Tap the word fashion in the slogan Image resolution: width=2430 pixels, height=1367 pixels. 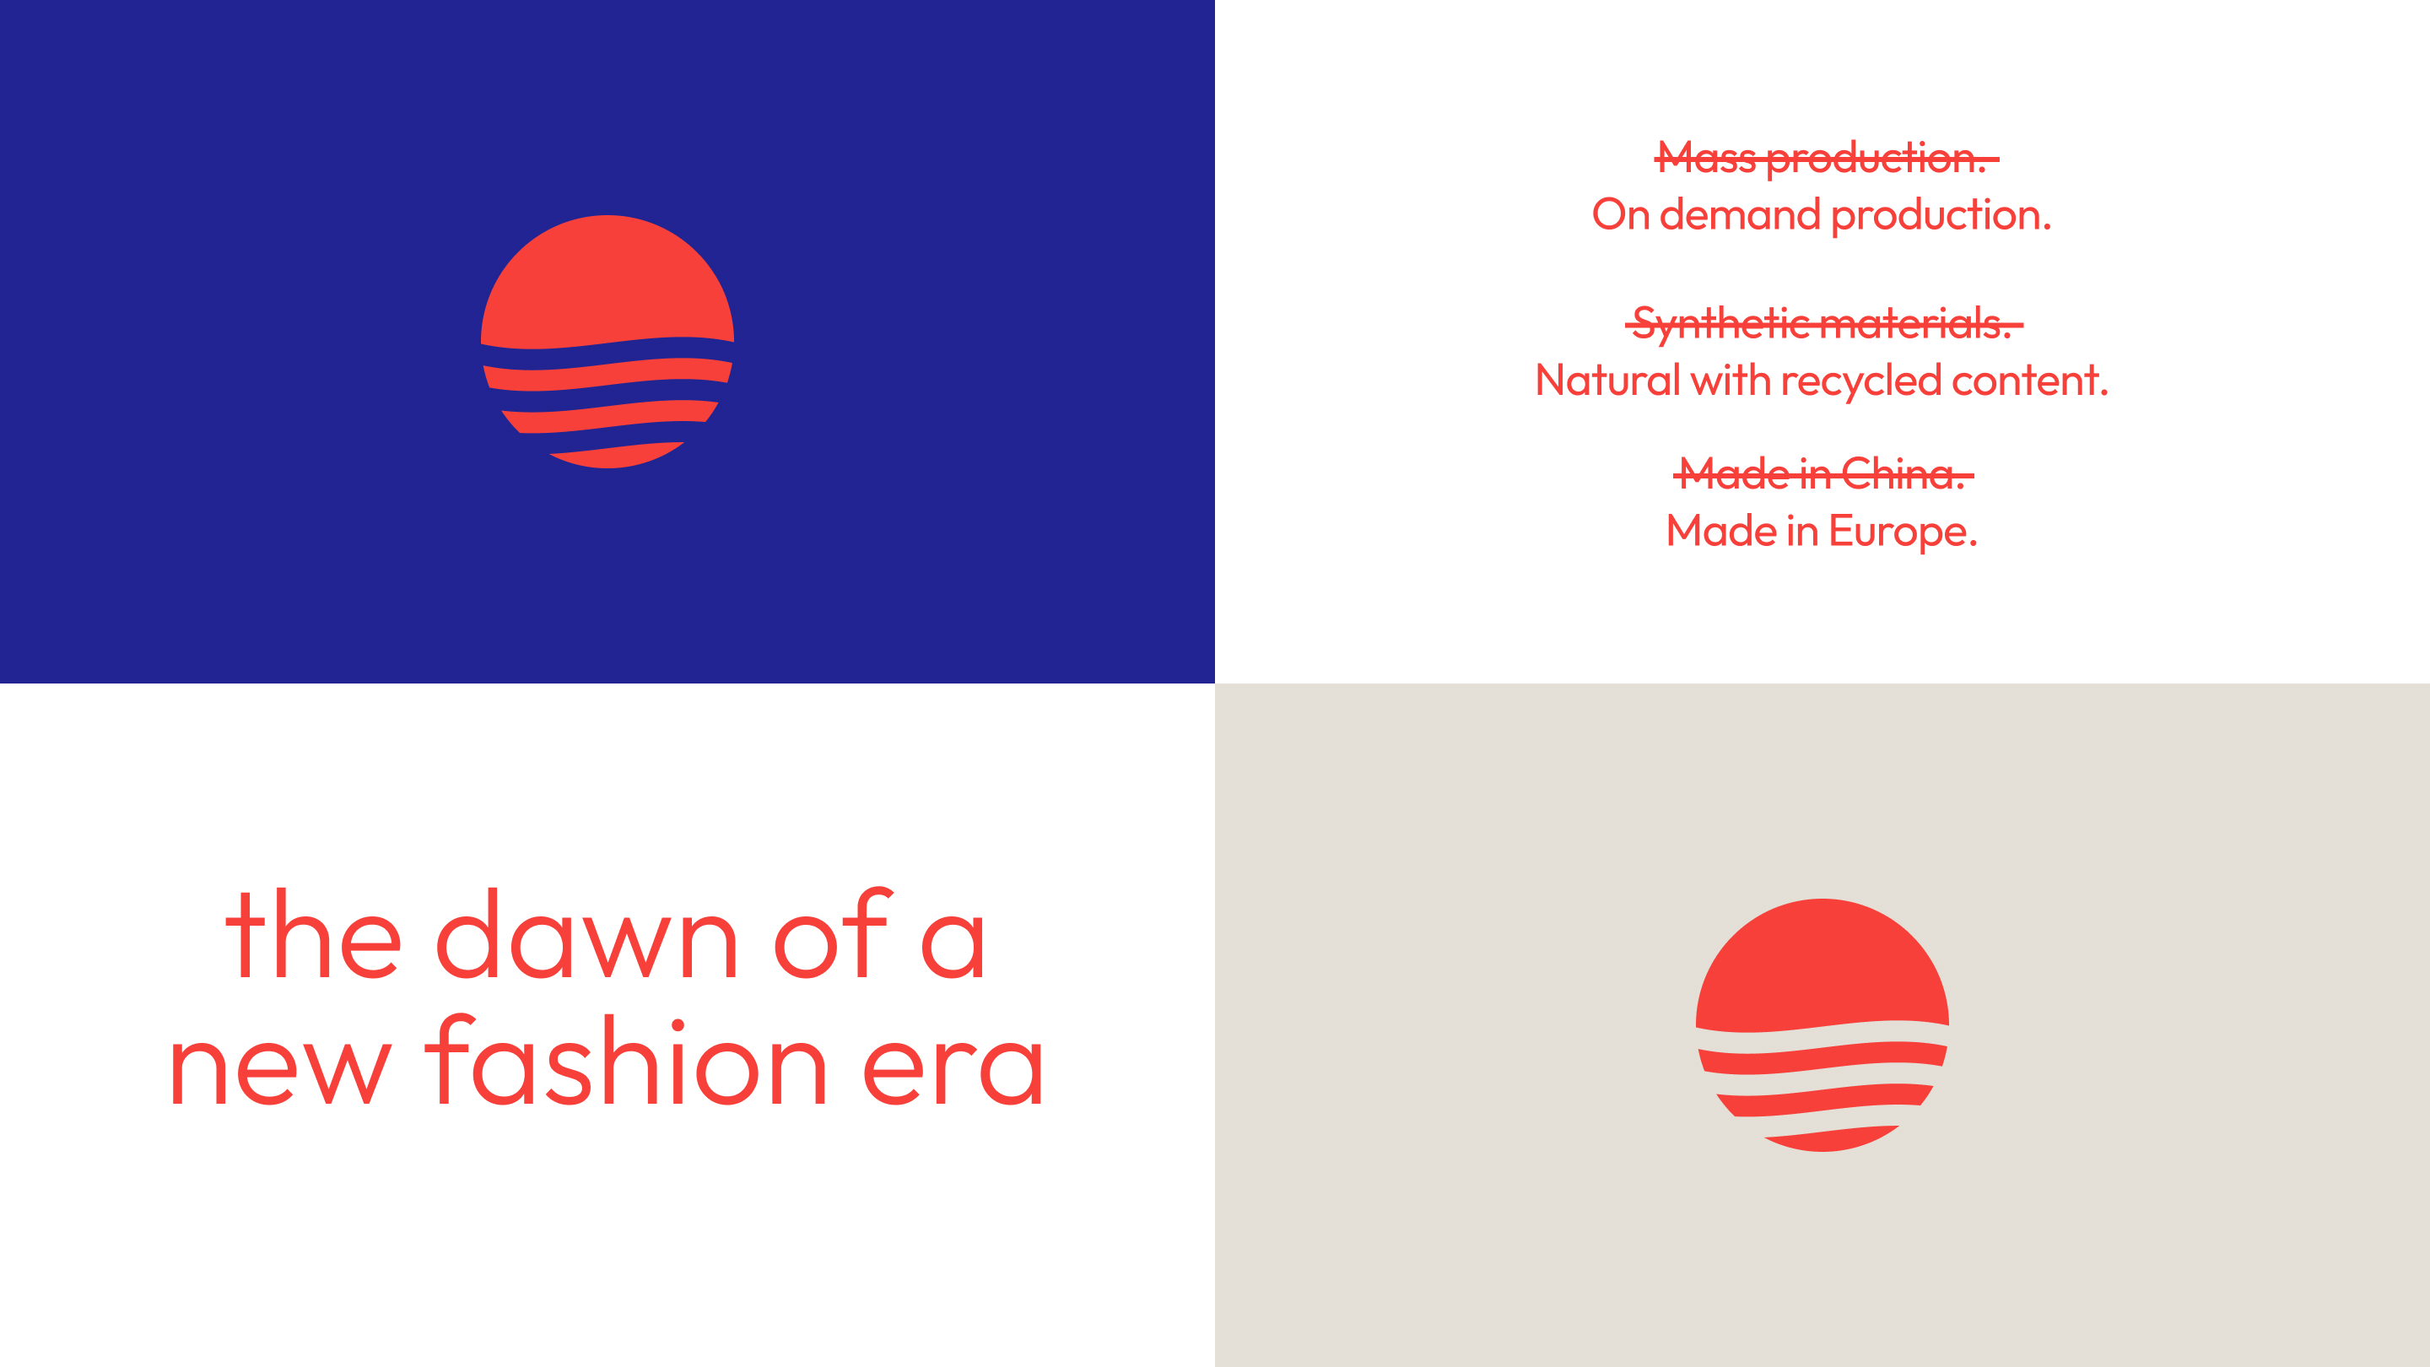[x=625, y=1064]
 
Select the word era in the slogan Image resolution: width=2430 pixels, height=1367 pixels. [x=953, y=1066]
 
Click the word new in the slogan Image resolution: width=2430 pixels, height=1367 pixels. [x=280, y=1068]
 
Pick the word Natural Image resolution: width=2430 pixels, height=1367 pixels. [x=1606, y=381]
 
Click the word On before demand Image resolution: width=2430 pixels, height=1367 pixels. [x=1620, y=215]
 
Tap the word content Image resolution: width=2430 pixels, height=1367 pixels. [x=2028, y=381]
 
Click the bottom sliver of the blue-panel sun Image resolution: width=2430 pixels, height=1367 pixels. [x=615, y=456]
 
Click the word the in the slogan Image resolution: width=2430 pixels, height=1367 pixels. [x=312, y=936]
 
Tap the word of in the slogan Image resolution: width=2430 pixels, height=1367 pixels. [x=831, y=936]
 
